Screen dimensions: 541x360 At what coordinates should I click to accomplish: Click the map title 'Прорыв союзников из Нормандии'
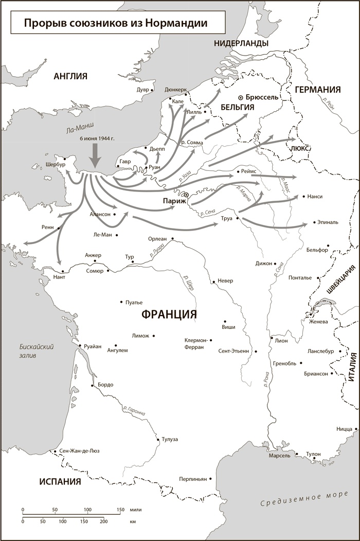point(110,23)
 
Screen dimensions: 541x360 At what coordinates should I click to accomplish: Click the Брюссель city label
point(262,97)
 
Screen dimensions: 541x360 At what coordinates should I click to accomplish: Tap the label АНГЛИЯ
point(70,77)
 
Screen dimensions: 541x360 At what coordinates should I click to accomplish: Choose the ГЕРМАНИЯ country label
point(318,90)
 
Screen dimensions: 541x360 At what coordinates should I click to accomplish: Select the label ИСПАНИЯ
point(60,482)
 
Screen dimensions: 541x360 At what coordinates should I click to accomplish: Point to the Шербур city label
point(56,165)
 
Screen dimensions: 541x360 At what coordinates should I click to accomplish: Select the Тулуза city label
point(169,439)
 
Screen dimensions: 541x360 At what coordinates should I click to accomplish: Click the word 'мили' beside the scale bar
point(135,510)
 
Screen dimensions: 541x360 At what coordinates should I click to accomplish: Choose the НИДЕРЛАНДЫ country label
point(241,43)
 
